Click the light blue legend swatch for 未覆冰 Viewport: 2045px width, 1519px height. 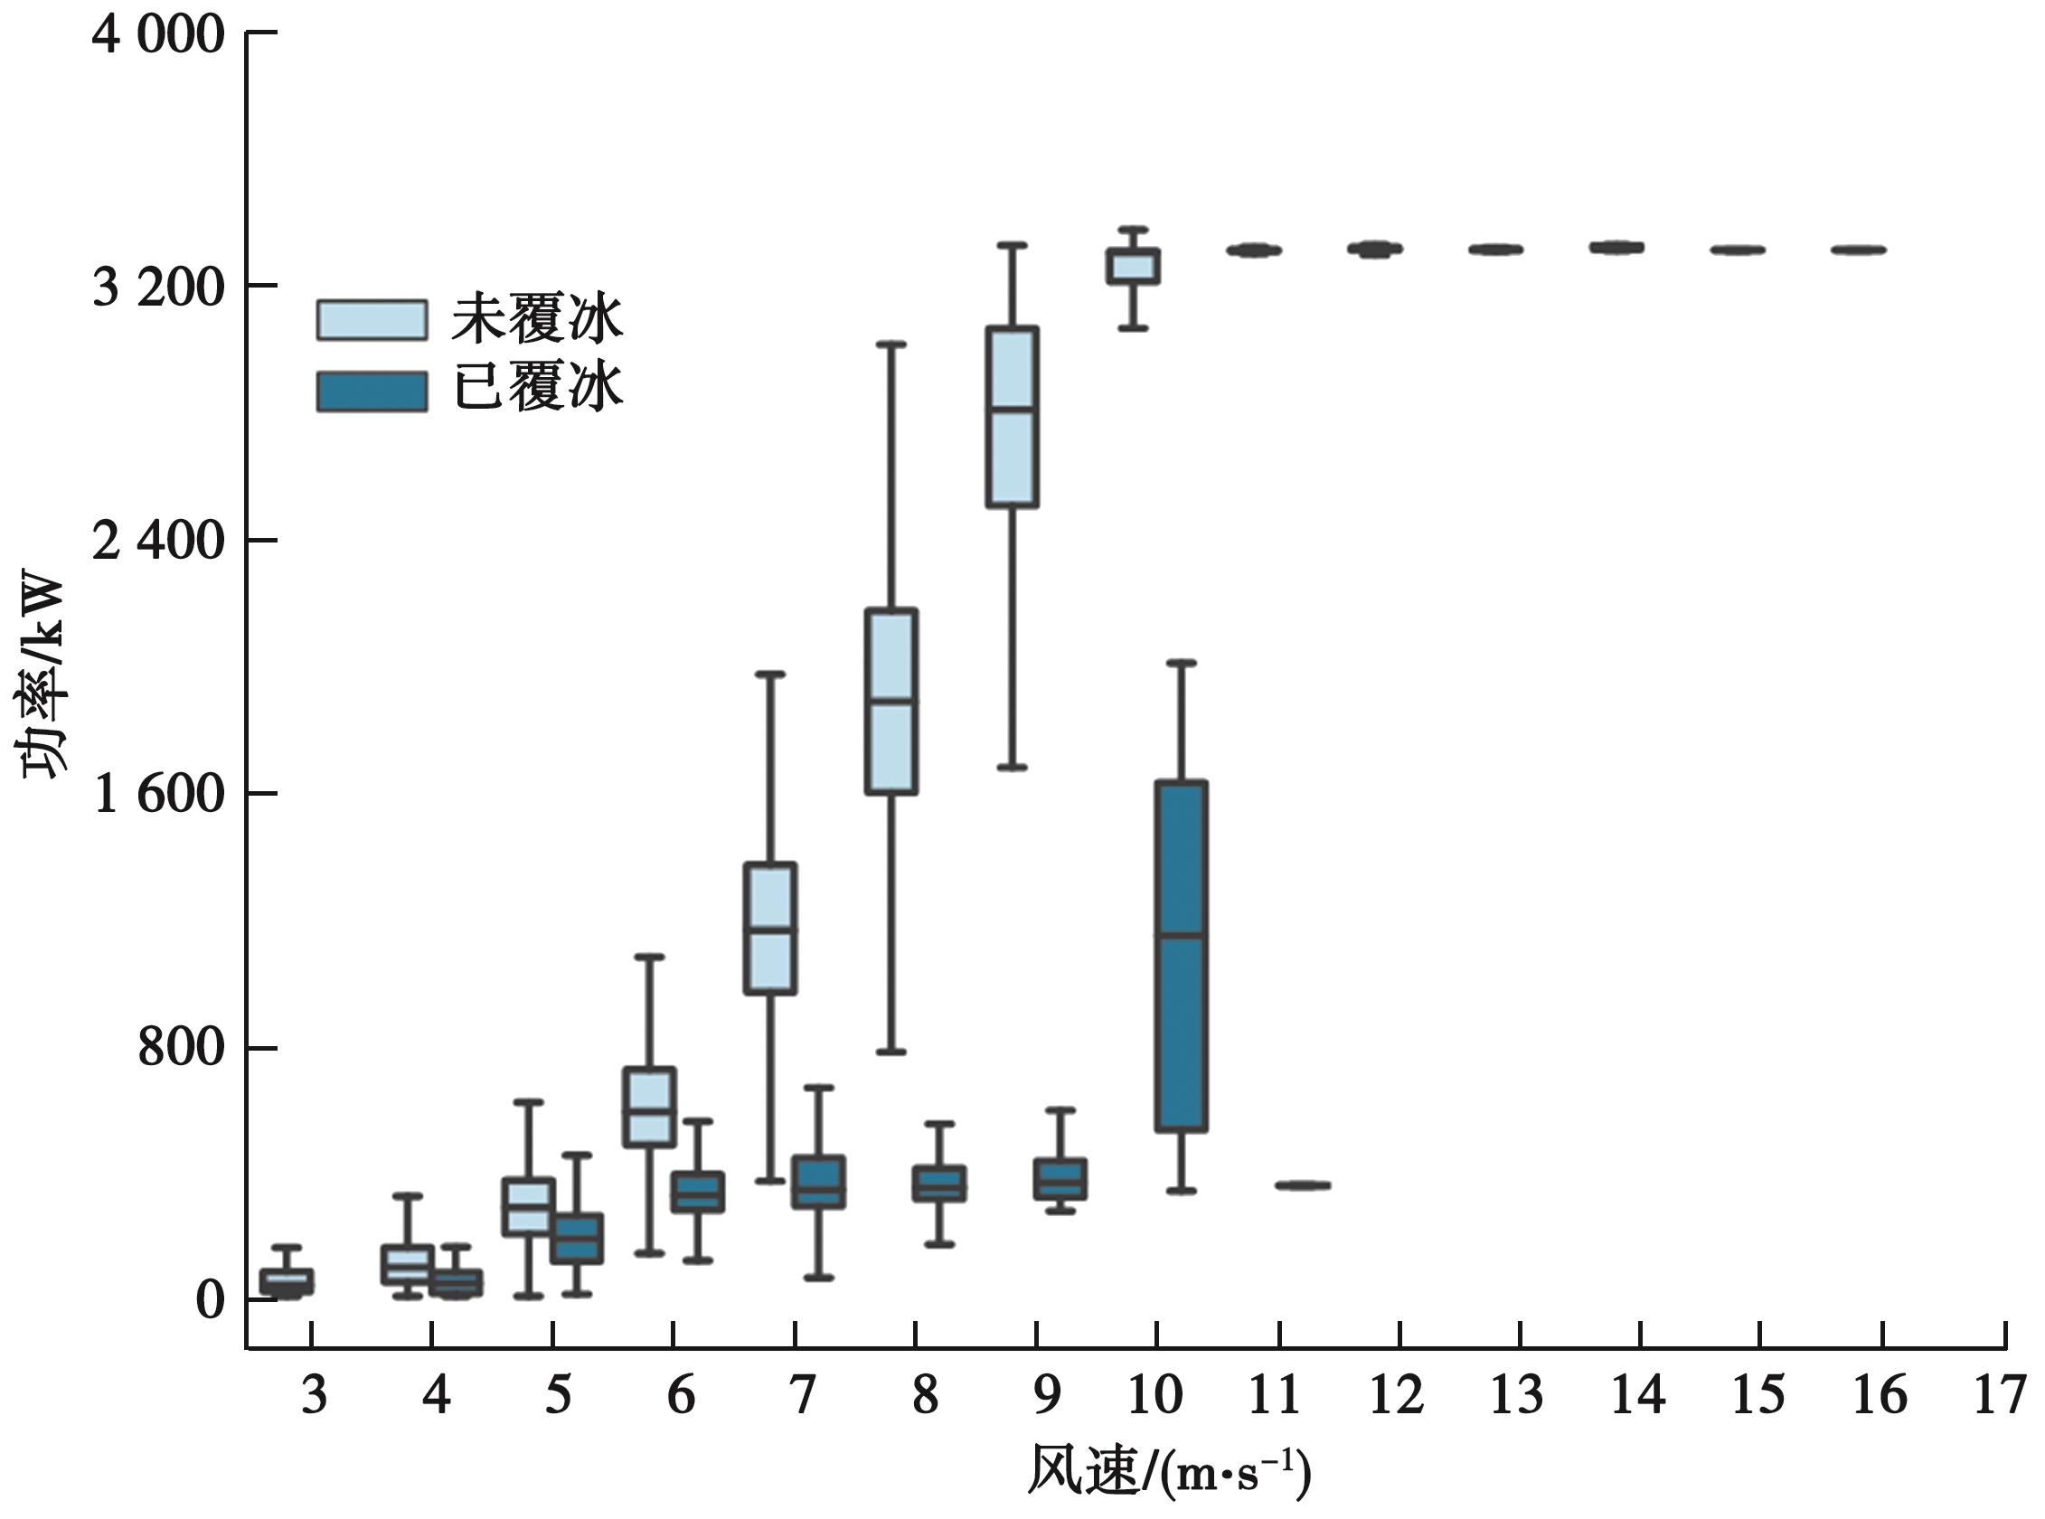372,320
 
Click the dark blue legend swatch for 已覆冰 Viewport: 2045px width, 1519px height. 372,391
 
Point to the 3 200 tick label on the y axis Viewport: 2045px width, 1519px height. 159,287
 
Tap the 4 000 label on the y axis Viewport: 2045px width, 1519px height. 159,36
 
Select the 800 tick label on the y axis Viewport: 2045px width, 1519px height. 180,1047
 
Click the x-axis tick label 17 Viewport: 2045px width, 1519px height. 2001,1395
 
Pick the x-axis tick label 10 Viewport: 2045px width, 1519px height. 1154,1395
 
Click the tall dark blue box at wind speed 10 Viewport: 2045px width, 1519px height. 1182,956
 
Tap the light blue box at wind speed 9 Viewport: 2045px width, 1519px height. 1013,417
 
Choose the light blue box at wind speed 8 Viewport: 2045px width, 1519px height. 891,701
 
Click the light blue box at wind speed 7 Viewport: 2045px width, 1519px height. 770,928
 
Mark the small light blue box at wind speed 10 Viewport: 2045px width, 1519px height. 1133,267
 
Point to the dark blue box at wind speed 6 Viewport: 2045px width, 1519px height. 698,1192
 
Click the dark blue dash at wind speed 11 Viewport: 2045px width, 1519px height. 1303,1185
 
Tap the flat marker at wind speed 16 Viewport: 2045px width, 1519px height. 1859,250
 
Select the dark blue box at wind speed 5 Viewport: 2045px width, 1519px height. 577,1239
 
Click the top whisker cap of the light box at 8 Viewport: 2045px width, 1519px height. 891,344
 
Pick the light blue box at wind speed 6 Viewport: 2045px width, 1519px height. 650,1107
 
